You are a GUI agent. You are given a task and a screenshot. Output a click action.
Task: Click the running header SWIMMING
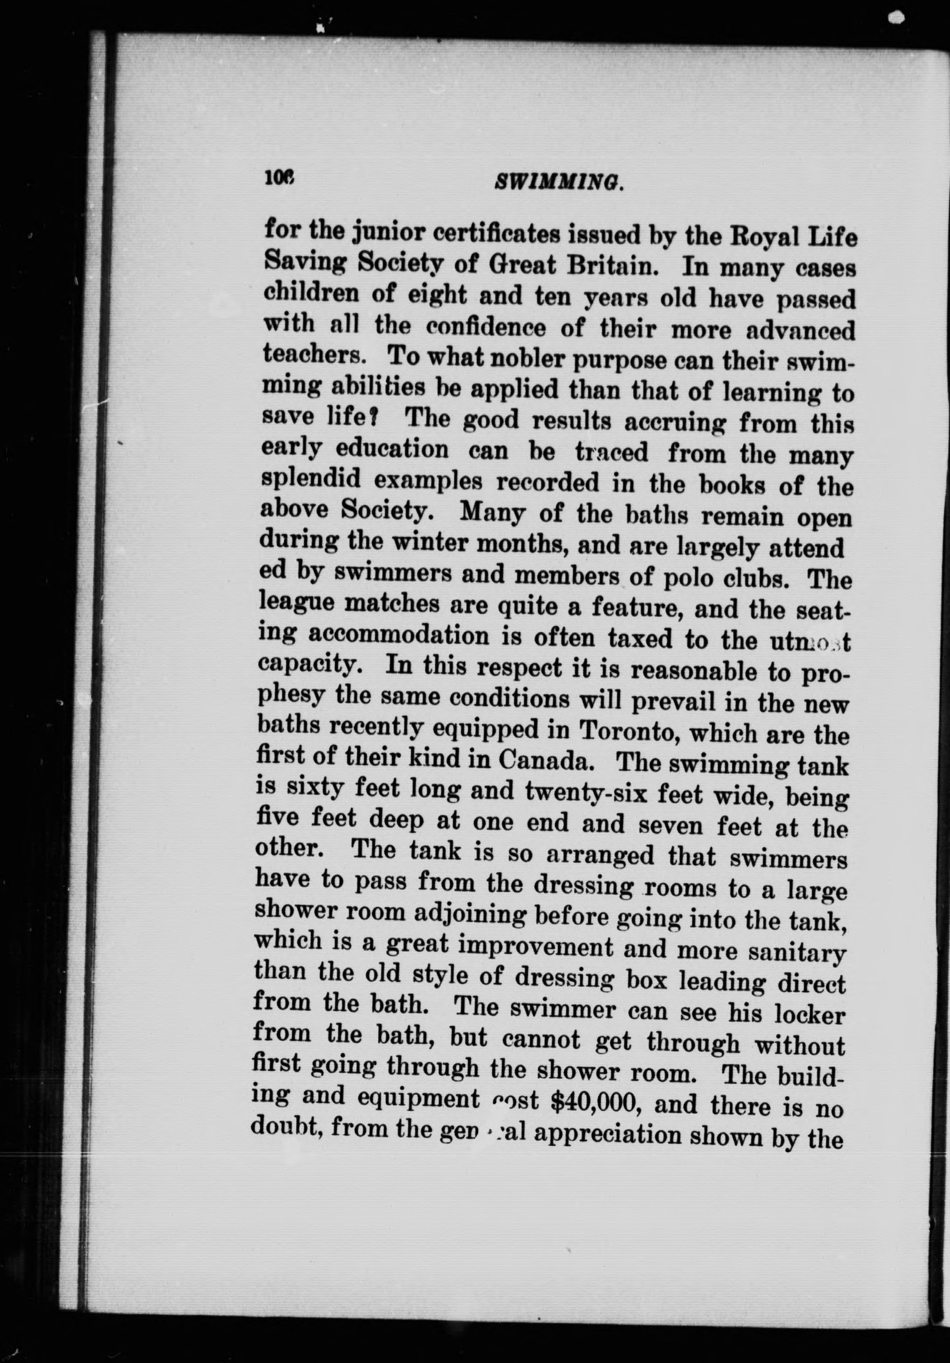(559, 185)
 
